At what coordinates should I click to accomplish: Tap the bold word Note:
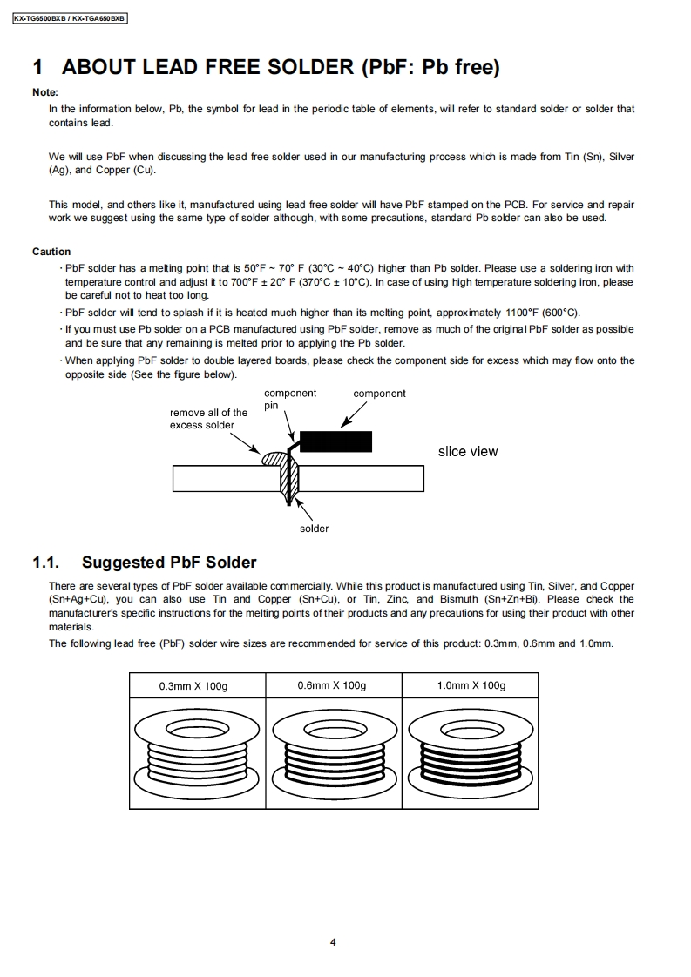(45, 92)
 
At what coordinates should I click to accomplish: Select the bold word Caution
(51, 252)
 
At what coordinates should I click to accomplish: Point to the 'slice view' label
(468, 451)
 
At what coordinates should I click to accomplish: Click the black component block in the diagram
(335, 441)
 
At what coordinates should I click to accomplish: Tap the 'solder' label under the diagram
(314, 529)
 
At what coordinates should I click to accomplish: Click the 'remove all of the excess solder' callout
(208, 419)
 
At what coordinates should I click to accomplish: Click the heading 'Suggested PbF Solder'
(169, 563)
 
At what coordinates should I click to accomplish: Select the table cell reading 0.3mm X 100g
(193, 686)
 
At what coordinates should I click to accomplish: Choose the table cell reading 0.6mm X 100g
(331, 685)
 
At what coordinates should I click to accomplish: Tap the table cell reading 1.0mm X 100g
(471, 685)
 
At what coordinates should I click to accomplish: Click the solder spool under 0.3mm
(194, 745)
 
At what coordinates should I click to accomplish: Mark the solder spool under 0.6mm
(333, 745)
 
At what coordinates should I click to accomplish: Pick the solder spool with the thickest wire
(471, 745)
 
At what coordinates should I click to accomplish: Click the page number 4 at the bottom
(333, 941)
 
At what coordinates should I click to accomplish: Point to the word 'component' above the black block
(379, 394)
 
